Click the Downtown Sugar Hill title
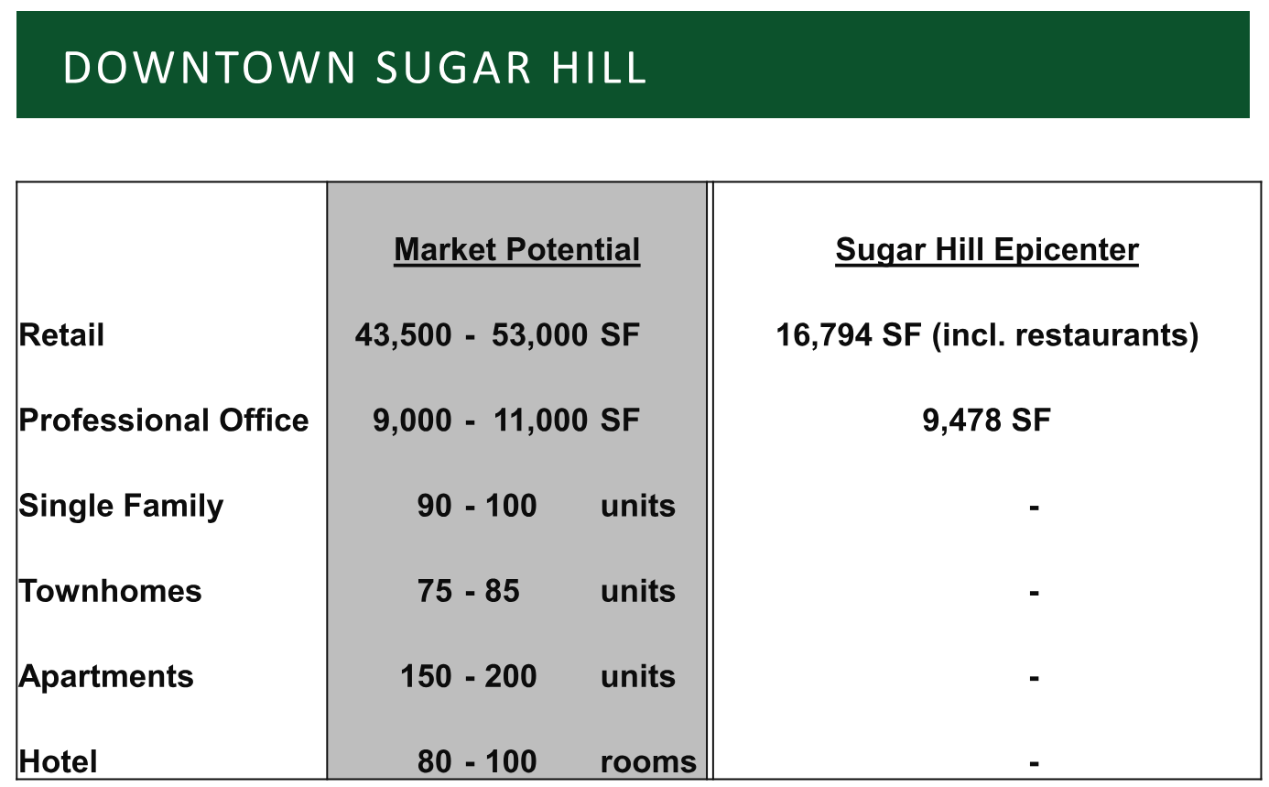click(x=354, y=68)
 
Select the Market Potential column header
click(x=516, y=249)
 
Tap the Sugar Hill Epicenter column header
click(x=987, y=249)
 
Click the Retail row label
click(x=61, y=334)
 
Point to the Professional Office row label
click(x=164, y=421)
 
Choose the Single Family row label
click(x=121, y=507)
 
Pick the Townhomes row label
click(x=110, y=591)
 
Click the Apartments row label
click(x=106, y=677)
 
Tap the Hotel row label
click(x=58, y=761)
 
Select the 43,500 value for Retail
click(x=404, y=335)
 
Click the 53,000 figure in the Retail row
click(x=539, y=335)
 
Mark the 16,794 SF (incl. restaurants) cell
click(x=987, y=335)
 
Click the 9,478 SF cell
click(x=987, y=421)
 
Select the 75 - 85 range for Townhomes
click(x=469, y=591)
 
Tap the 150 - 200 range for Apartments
click(x=469, y=676)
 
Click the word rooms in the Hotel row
click(x=648, y=762)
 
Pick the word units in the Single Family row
click(x=638, y=506)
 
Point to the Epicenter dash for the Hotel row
click(x=1034, y=763)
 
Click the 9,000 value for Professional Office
click(x=412, y=421)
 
